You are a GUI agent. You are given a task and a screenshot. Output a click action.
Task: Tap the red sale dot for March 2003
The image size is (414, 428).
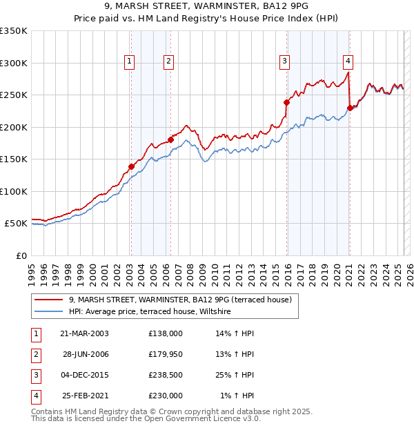pos(131,166)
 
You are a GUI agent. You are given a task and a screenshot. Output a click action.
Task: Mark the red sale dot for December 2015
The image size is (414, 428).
pos(286,102)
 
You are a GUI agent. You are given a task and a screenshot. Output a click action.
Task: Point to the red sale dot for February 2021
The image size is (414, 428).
pos(350,108)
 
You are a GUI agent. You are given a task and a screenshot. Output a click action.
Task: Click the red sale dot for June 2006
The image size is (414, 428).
pos(170,139)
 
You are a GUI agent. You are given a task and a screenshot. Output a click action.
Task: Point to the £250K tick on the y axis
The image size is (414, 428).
pos(14,95)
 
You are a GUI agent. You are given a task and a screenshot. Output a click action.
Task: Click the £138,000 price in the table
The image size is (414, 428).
pos(166,333)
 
